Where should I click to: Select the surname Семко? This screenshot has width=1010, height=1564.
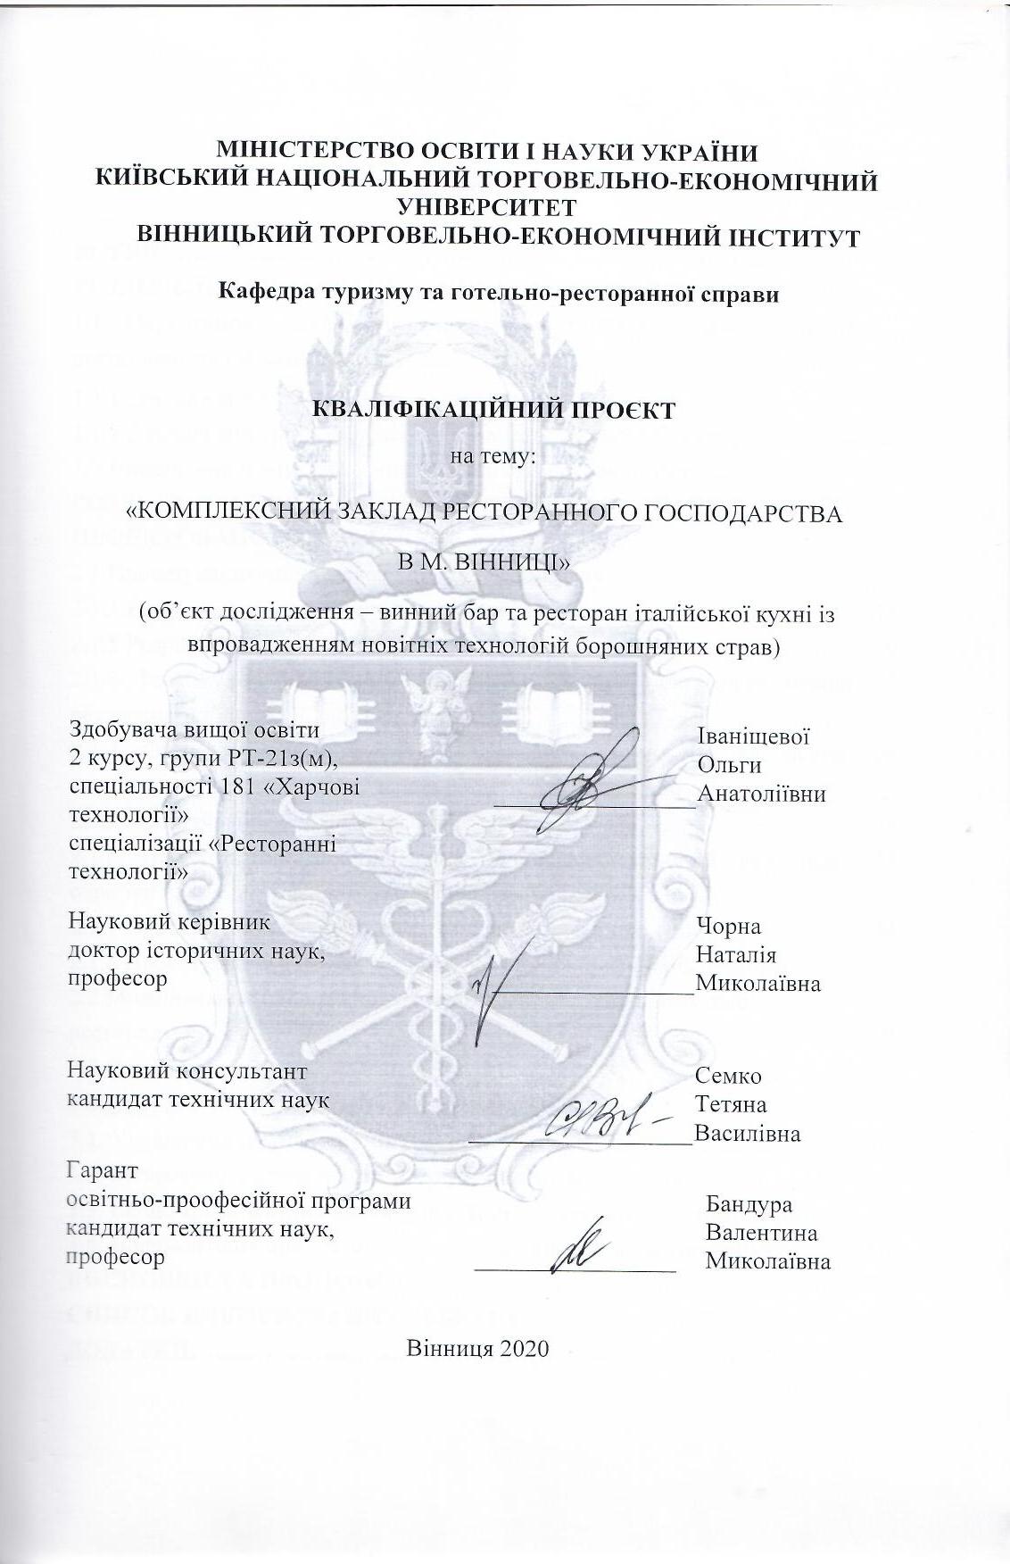click(729, 1077)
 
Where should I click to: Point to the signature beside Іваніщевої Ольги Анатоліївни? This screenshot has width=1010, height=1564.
click(589, 775)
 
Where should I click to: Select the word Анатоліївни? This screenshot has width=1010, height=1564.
click(761, 794)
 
